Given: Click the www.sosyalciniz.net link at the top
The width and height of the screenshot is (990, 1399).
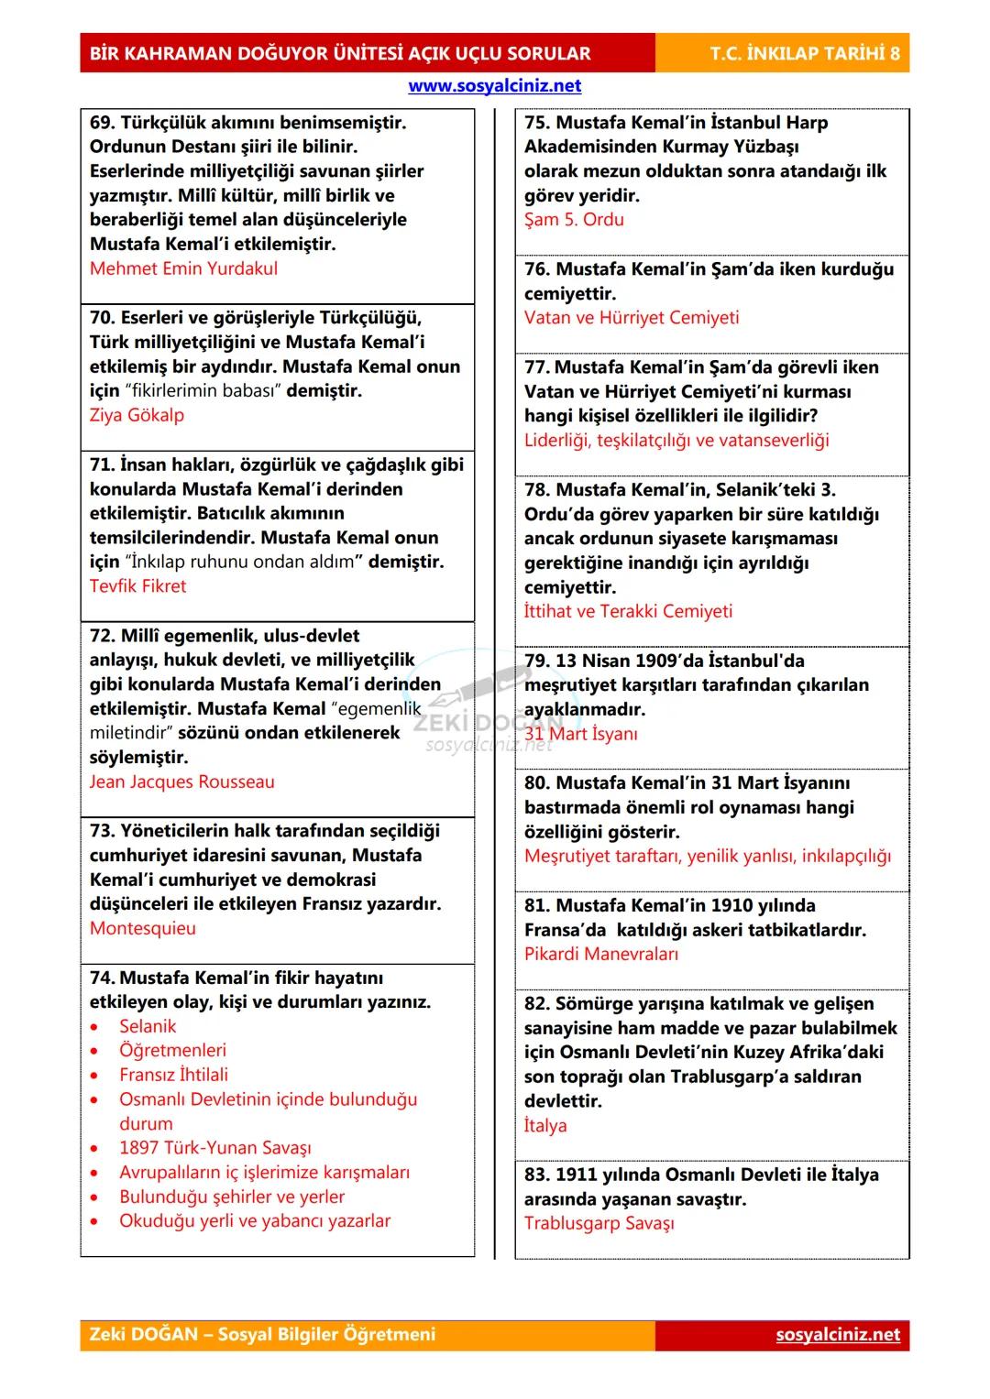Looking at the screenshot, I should [x=494, y=86].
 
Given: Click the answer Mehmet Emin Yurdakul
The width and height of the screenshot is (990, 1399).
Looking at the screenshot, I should [x=183, y=268].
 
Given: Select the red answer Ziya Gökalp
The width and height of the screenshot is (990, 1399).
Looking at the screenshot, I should [x=137, y=415].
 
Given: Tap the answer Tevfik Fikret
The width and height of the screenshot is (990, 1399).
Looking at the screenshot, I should [x=137, y=586].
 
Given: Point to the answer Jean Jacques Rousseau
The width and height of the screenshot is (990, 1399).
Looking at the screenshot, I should [x=181, y=782].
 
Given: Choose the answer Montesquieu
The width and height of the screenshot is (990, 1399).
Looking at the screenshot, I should [x=142, y=928].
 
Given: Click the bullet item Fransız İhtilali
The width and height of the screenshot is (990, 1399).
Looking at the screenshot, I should [x=173, y=1075].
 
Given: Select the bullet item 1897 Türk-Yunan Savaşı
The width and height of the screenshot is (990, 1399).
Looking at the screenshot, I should [x=214, y=1148].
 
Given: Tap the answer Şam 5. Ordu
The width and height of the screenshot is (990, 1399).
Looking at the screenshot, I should [x=574, y=220].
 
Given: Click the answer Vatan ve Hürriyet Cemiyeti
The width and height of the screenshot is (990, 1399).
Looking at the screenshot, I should [x=631, y=318].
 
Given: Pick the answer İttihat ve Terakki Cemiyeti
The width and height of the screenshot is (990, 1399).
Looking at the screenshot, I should [x=628, y=611].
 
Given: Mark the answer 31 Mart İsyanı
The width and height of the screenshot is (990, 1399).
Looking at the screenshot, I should [x=580, y=734].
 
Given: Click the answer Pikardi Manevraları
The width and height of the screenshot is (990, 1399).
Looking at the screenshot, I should [x=600, y=954].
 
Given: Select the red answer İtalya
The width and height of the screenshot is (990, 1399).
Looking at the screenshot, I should [x=544, y=1125].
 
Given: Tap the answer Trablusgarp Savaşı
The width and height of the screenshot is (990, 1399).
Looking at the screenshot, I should [x=599, y=1223].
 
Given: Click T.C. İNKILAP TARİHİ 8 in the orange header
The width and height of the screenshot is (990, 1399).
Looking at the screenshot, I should [x=804, y=53].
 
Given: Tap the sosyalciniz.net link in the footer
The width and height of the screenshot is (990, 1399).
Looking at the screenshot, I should [x=837, y=1334].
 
